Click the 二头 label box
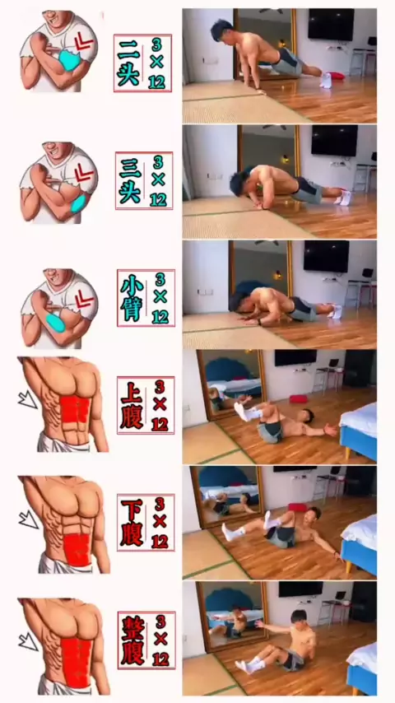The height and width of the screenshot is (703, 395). point(142,63)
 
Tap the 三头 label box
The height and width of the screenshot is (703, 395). point(144,180)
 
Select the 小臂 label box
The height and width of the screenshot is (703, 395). point(146,298)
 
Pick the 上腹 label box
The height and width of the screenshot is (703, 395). point(146,405)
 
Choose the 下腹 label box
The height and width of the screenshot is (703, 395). point(146,523)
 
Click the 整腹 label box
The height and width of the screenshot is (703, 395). point(146,640)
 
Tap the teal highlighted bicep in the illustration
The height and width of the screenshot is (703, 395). point(69,61)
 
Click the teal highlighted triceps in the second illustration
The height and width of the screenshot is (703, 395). point(79,203)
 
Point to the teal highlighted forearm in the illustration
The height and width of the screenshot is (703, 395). point(54,322)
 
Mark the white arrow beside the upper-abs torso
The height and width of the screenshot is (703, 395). point(28,398)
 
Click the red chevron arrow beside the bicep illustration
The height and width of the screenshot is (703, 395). point(83,43)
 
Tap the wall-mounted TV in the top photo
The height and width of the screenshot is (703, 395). point(331,24)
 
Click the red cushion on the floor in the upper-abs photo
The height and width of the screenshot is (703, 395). point(299,398)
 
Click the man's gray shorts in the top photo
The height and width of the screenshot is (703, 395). point(288,63)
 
